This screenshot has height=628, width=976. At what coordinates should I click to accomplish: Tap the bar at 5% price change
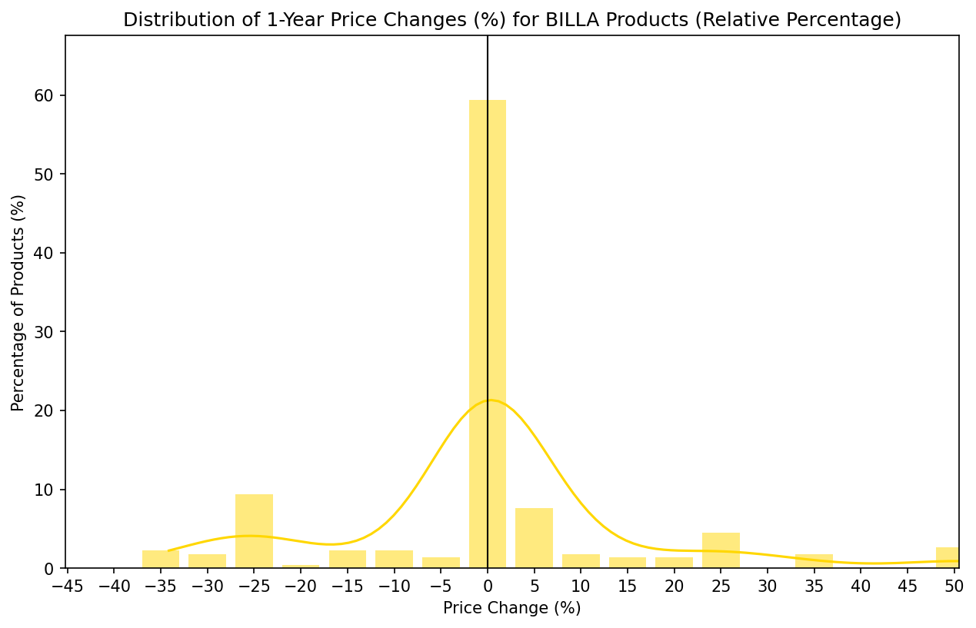point(534,538)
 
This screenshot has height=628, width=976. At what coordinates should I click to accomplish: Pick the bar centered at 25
point(721,550)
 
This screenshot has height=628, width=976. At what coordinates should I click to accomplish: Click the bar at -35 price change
point(161,559)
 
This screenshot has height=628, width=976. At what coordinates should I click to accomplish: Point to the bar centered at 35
point(814,561)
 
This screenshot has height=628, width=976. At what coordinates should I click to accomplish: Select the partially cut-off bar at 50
point(948,557)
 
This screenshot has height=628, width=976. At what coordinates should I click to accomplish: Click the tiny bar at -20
point(301,567)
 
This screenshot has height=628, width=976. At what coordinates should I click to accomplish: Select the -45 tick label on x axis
point(67,586)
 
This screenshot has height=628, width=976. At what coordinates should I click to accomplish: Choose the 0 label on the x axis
point(488,586)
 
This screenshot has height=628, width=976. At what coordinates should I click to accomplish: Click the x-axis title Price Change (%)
point(511,608)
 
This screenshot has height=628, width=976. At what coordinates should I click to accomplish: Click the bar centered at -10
point(394,559)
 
